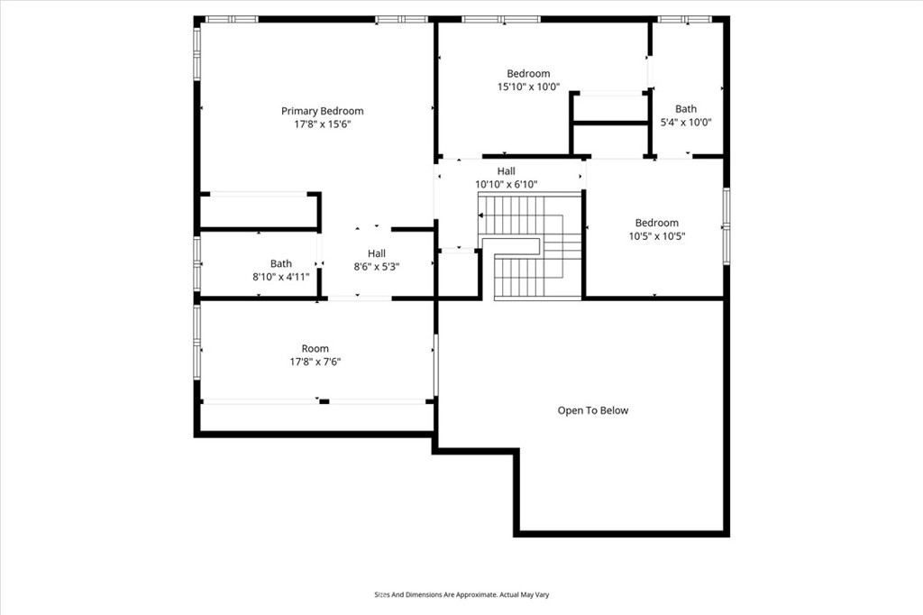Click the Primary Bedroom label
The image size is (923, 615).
(322, 111)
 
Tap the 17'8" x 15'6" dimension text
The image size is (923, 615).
(323, 124)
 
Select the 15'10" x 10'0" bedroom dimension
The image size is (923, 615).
(528, 87)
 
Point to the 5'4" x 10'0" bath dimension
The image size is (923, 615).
(686, 123)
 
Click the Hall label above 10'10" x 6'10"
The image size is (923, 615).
(507, 171)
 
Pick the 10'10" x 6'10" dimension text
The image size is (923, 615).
(507, 184)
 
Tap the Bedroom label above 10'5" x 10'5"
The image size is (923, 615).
(657, 223)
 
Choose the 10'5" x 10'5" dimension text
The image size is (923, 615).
(657, 236)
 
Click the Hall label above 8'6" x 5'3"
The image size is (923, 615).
(377, 253)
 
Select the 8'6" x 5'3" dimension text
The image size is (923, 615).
(377, 267)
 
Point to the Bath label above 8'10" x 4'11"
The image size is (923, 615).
(281, 263)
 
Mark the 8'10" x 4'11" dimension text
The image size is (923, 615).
(281, 277)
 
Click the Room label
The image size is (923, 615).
(315, 349)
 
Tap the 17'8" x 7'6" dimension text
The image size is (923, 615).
(315, 362)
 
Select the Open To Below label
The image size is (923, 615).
(593, 410)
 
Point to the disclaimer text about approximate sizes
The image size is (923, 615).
(461, 595)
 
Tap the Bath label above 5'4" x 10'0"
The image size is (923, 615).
(686, 109)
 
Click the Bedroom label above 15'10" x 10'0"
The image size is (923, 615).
(528, 74)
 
